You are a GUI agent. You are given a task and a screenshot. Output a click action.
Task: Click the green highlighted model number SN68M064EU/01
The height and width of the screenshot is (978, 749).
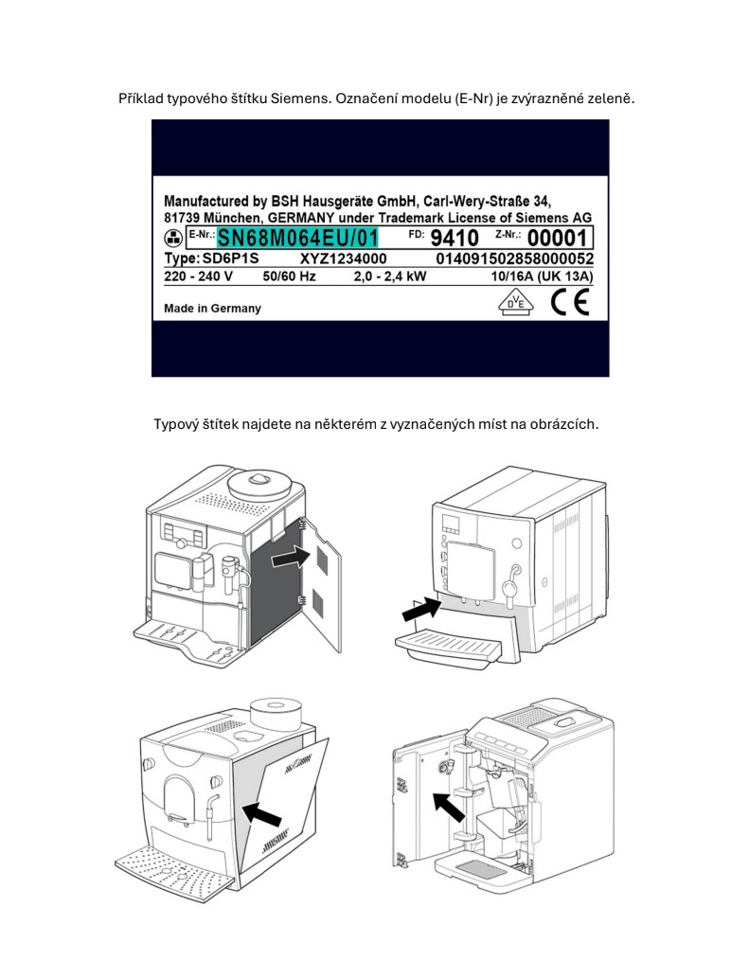[297, 239]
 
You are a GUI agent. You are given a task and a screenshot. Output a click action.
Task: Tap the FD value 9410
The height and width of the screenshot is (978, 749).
[455, 239]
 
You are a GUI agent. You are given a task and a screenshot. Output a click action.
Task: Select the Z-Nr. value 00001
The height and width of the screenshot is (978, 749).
[558, 239]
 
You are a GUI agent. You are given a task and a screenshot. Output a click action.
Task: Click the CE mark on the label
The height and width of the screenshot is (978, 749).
[570, 303]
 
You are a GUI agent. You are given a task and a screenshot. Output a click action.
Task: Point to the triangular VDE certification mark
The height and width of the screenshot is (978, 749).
[516, 304]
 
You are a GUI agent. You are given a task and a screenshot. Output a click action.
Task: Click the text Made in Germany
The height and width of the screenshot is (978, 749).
[212, 308]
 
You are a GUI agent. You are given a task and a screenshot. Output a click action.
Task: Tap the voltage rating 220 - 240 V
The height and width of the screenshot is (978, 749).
[198, 276]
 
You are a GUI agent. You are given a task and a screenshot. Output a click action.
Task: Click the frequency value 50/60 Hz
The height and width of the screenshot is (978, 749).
[290, 276]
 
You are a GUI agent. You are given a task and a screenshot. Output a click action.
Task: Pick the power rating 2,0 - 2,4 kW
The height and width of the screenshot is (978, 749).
[390, 276]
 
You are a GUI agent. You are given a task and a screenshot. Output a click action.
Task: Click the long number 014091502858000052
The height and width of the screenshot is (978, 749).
[514, 258]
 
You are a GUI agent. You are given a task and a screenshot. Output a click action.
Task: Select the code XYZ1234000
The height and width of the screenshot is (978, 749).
[344, 258]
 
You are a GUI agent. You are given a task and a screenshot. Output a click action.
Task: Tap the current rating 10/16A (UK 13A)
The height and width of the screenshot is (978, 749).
[542, 276]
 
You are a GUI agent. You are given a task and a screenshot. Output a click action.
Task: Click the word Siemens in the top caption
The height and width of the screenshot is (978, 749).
[299, 98]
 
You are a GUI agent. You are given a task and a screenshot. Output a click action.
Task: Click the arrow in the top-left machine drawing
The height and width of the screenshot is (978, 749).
[291, 557]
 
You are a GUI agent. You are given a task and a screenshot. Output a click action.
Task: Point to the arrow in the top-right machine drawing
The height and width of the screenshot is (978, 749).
[422, 609]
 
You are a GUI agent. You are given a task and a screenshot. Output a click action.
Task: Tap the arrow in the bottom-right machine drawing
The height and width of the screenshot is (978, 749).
[449, 807]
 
